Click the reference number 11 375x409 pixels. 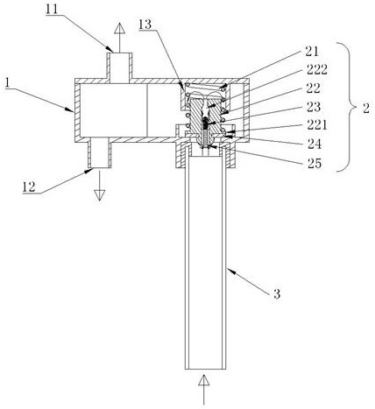pos(52,9)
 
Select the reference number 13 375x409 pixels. pos(145,25)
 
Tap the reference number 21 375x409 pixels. pos(312,52)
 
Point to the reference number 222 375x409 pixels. pos(316,69)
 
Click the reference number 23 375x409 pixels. pos(314,107)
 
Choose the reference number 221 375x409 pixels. pos(317,125)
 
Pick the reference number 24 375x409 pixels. pos(315,144)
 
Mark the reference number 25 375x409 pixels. pos(315,163)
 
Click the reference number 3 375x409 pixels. pos(277,293)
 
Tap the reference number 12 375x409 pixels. pos(29,187)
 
